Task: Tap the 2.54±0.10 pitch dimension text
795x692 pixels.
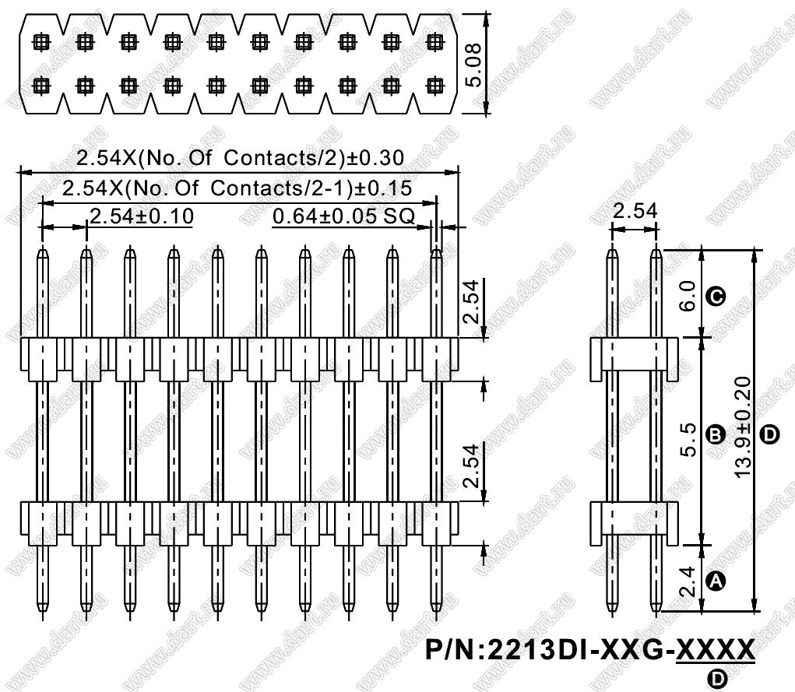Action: pyautogui.click(x=142, y=216)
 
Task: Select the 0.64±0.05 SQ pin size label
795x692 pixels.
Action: pyautogui.click(x=343, y=216)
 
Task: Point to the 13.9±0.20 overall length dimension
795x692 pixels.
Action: pyautogui.click(x=742, y=427)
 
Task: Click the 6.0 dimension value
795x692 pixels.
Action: pyautogui.click(x=688, y=296)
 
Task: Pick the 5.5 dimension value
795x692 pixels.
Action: pyautogui.click(x=688, y=440)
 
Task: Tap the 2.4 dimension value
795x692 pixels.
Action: pyautogui.click(x=688, y=581)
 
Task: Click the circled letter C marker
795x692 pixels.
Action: pyautogui.click(x=716, y=296)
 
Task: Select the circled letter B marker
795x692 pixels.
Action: pyautogui.click(x=716, y=435)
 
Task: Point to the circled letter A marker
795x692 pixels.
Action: pyautogui.click(x=716, y=581)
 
